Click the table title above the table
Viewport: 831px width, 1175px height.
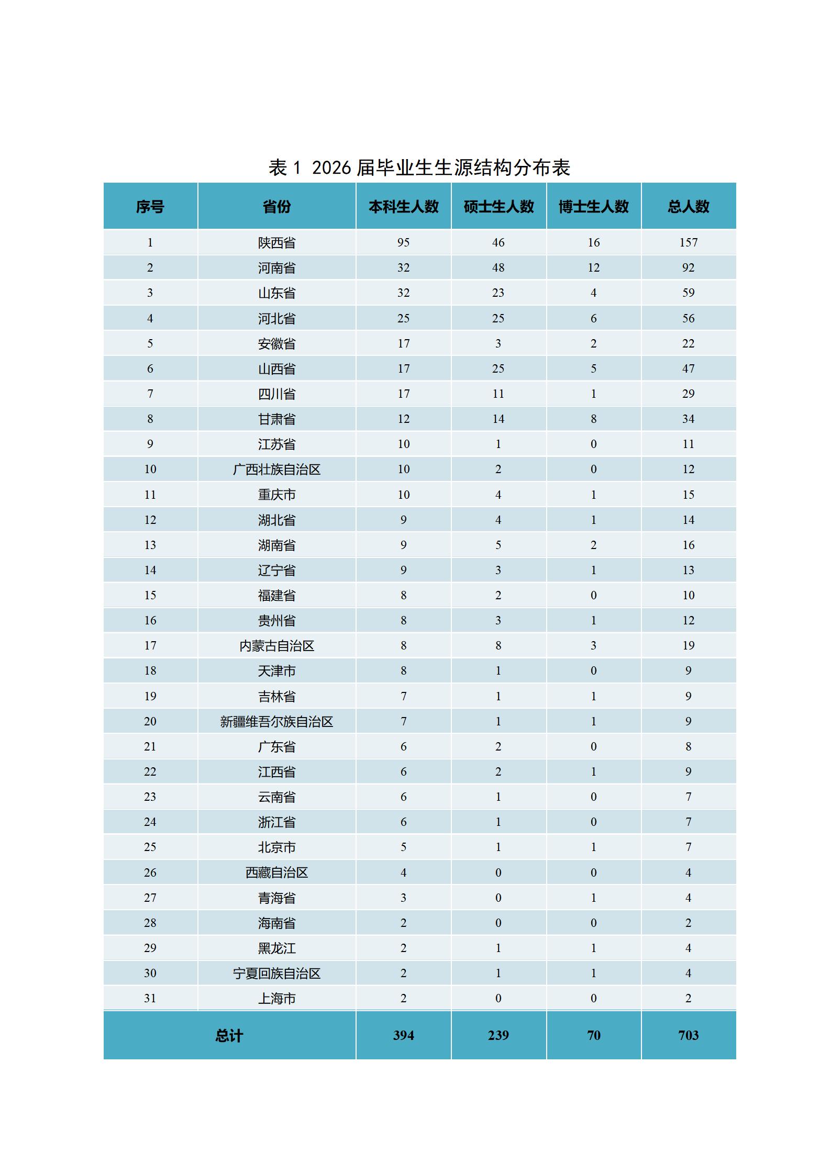[x=419, y=167]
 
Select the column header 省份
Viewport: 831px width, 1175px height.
[x=276, y=206]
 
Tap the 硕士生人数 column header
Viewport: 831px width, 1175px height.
[x=498, y=206]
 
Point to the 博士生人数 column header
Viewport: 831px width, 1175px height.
[x=593, y=206]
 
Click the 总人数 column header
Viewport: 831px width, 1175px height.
[x=688, y=206]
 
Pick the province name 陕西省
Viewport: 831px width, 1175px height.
[x=276, y=243]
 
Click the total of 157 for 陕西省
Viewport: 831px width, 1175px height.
[x=688, y=242]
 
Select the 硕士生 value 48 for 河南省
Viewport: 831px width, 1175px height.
[x=498, y=267]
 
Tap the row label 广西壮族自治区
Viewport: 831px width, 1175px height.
[x=276, y=469]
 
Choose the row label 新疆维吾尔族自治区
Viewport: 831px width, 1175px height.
[x=276, y=722]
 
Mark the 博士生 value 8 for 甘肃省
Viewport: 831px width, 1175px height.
[x=593, y=419]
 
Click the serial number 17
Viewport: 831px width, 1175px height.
[x=150, y=645]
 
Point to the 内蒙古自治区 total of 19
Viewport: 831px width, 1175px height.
[x=688, y=645]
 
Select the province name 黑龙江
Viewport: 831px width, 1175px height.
[x=276, y=948]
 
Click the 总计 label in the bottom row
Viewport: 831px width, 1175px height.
[x=229, y=1035]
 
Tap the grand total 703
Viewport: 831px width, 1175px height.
[x=688, y=1035]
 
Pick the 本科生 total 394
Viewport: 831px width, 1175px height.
[x=403, y=1035]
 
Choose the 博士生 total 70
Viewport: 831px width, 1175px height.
[x=593, y=1035]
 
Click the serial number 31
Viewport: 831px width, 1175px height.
[x=150, y=998]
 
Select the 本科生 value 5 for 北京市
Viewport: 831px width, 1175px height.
[x=403, y=847]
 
